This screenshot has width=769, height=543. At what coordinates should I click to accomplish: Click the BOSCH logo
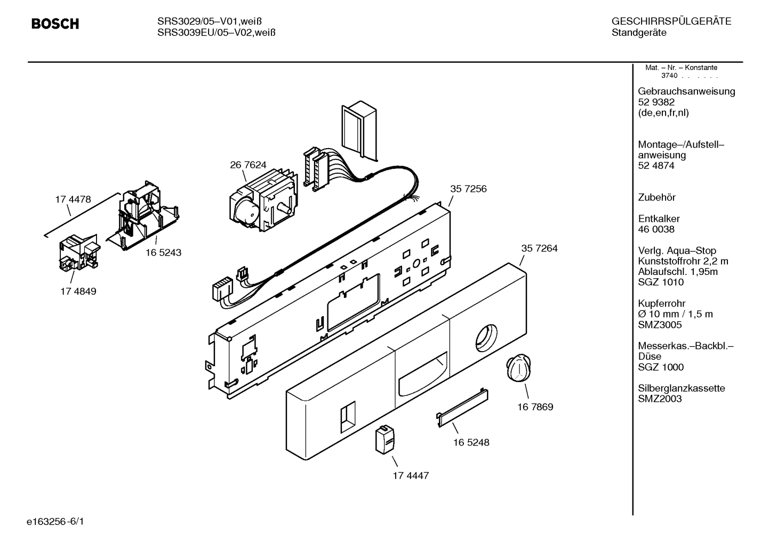(55, 24)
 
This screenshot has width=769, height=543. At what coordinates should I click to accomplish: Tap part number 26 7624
(248, 165)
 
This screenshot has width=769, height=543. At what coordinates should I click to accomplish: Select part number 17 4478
(73, 199)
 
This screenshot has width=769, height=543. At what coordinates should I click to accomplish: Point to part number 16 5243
(163, 253)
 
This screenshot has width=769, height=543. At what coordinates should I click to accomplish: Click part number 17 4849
(78, 291)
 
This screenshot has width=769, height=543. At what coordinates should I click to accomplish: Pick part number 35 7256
(468, 189)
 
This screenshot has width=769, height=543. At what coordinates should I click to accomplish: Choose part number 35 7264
(539, 248)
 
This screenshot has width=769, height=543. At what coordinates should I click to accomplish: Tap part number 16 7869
(535, 407)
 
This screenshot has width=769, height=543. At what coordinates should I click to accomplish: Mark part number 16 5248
(471, 442)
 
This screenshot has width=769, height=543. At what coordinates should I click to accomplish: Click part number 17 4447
(411, 475)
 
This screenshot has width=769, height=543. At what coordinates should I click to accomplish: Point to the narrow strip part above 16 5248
(462, 406)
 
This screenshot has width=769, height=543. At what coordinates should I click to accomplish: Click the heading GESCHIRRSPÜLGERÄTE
(671, 22)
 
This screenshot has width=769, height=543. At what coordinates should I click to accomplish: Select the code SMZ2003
(660, 399)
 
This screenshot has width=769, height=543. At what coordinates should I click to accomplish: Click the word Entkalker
(659, 218)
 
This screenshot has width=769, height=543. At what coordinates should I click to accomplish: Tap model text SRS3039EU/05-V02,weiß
(216, 33)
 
